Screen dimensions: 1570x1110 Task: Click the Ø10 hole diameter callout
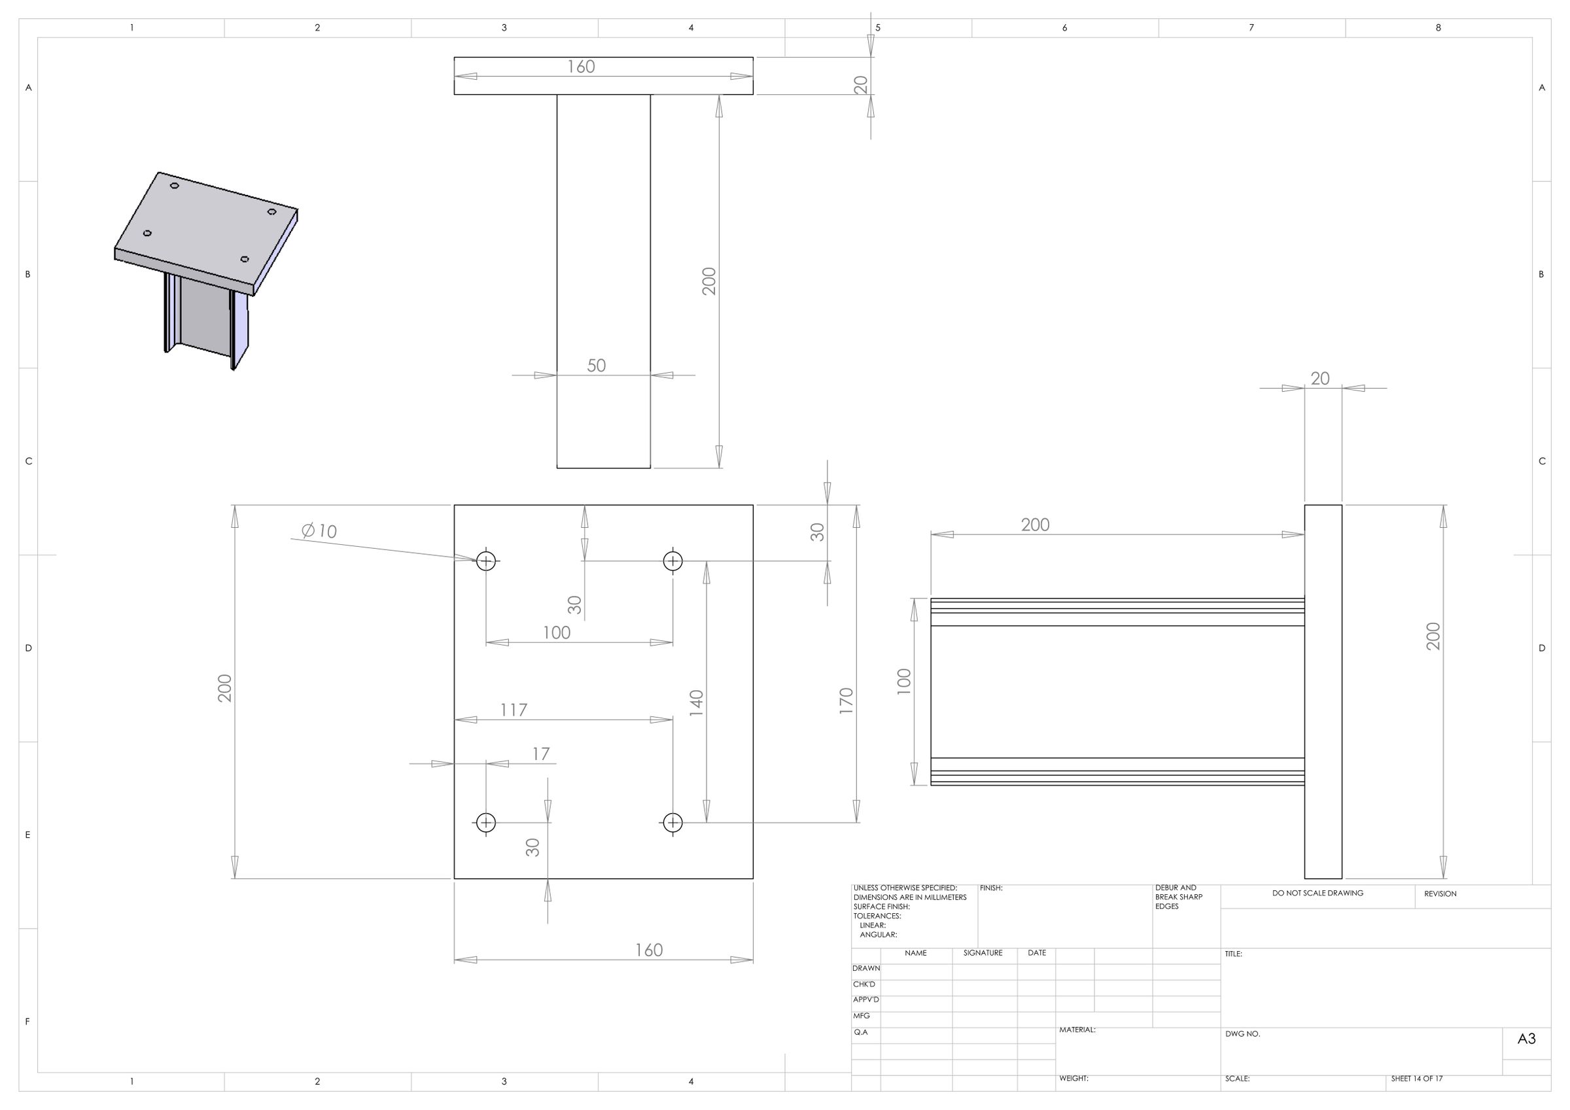[319, 530]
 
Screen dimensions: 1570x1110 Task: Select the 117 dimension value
[514, 710]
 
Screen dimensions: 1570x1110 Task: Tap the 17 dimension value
[541, 754]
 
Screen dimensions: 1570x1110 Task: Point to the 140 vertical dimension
[696, 703]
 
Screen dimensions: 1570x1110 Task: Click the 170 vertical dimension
[846, 702]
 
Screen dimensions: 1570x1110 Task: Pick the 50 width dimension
[596, 365]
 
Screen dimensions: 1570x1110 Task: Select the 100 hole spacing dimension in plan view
[557, 633]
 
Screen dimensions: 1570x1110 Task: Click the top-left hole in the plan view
[486, 561]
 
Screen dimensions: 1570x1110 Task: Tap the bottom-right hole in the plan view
[673, 822]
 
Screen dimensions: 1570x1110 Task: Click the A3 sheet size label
[1526, 1039]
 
